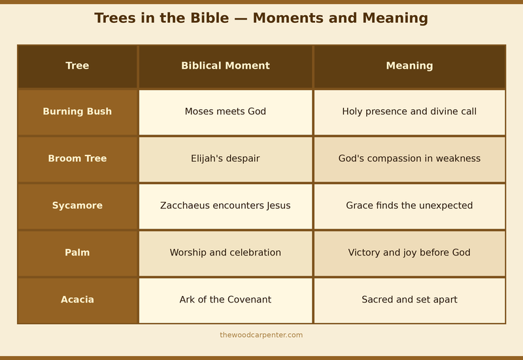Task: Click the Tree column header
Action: pyautogui.click(x=77, y=66)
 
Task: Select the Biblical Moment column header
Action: pyautogui.click(x=226, y=66)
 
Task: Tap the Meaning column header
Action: pyautogui.click(x=409, y=66)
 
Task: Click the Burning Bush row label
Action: pyautogui.click(x=77, y=112)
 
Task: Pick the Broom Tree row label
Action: pyautogui.click(x=77, y=159)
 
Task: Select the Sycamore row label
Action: pyautogui.click(x=77, y=206)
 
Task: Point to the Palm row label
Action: pyautogui.click(x=77, y=253)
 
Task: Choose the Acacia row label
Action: pyautogui.click(x=77, y=300)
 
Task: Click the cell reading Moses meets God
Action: pyautogui.click(x=226, y=112)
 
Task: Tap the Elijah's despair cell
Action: pyautogui.click(x=226, y=159)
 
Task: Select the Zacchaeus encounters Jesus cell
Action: pyautogui.click(x=226, y=206)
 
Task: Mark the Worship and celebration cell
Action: pyautogui.click(x=226, y=253)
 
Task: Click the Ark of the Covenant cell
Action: pyautogui.click(x=226, y=300)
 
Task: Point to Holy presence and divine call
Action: pyautogui.click(x=409, y=112)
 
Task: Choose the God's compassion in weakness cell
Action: pyautogui.click(x=409, y=159)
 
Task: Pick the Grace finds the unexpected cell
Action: pyautogui.click(x=409, y=206)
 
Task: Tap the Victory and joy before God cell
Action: pyautogui.click(x=409, y=253)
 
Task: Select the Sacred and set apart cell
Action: pyautogui.click(x=409, y=300)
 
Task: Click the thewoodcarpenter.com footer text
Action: pyautogui.click(x=261, y=335)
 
